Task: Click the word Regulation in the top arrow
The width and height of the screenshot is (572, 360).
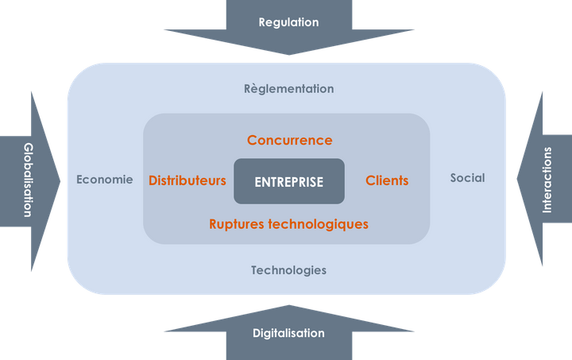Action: pyautogui.click(x=288, y=22)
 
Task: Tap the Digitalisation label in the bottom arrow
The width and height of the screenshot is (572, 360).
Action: pyautogui.click(x=288, y=333)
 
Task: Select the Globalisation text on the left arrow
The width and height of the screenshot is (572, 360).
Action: pyautogui.click(x=28, y=180)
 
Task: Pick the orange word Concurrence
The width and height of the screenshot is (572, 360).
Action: pyautogui.click(x=289, y=141)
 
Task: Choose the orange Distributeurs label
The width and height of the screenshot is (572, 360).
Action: pyautogui.click(x=187, y=180)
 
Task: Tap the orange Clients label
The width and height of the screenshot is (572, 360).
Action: pyautogui.click(x=387, y=180)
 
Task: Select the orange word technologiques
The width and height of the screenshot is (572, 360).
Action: pyautogui.click(x=321, y=224)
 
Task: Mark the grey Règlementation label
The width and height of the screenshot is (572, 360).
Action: pyautogui.click(x=288, y=89)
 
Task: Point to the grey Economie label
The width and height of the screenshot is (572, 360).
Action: pyautogui.click(x=105, y=179)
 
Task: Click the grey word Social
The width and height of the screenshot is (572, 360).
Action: pyautogui.click(x=467, y=178)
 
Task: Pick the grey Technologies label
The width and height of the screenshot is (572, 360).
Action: pyautogui.click(x=288, y=270)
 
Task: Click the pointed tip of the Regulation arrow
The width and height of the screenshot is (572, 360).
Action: pyautogui.click(x=289, y=55)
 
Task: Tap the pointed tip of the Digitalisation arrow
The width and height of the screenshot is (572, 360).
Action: pyautogui.click(x=289, y=305)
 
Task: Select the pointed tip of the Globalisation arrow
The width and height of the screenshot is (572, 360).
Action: pyautogui.click(x=61, y=180)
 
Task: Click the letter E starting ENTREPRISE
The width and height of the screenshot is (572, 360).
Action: pyautogui.click(x=258, y=182)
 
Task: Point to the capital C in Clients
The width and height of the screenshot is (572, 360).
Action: pyautogui.click(x=370, y=181)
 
